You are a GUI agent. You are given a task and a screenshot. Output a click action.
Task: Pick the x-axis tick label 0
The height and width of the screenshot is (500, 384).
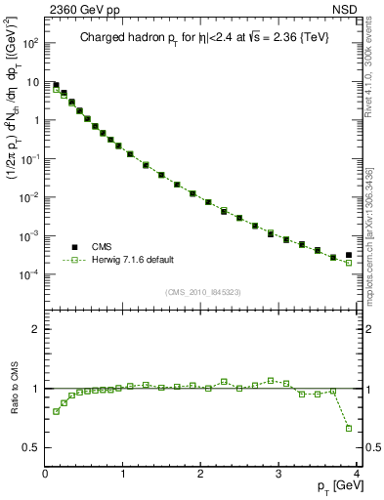tap(45, 476)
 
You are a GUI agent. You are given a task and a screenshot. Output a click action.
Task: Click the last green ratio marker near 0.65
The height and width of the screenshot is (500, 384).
tap(349, 428)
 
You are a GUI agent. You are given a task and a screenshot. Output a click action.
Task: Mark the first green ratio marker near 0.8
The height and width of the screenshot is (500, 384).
tap(56, 411)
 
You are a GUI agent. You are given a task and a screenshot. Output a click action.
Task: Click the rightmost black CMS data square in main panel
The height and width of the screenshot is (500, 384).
tap(349, 255)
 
